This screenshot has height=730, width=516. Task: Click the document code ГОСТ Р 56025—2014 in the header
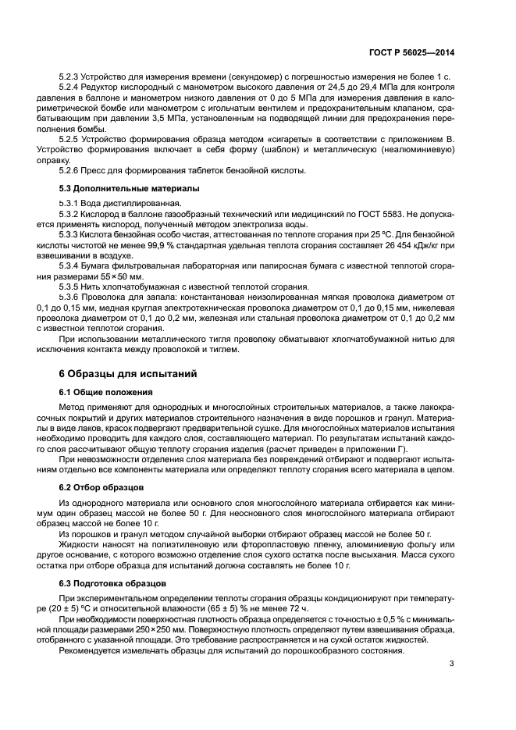(422, 52)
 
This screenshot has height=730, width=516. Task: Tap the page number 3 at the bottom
(452, 664)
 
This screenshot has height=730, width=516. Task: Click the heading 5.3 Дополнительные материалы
(118, 189)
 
